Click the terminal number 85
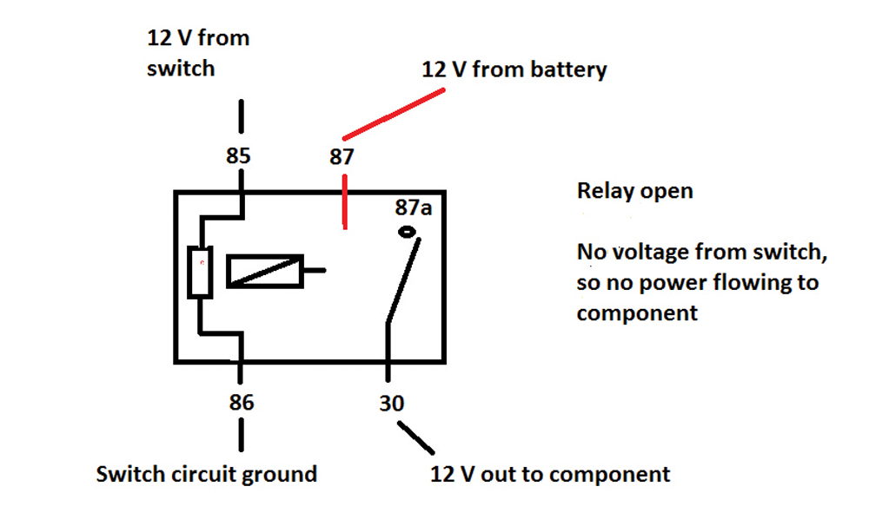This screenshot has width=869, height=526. (238, 157)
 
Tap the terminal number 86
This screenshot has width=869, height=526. (241, 403)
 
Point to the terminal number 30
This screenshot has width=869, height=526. (391, 403)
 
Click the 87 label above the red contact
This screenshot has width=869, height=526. (342, 158)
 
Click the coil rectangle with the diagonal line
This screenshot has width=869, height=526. (265, 271)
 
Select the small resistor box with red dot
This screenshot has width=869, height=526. (201, 271)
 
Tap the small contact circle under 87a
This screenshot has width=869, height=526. (407, 232)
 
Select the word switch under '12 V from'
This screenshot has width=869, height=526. (180, 67)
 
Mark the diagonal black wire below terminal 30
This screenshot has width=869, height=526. (415, 437)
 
